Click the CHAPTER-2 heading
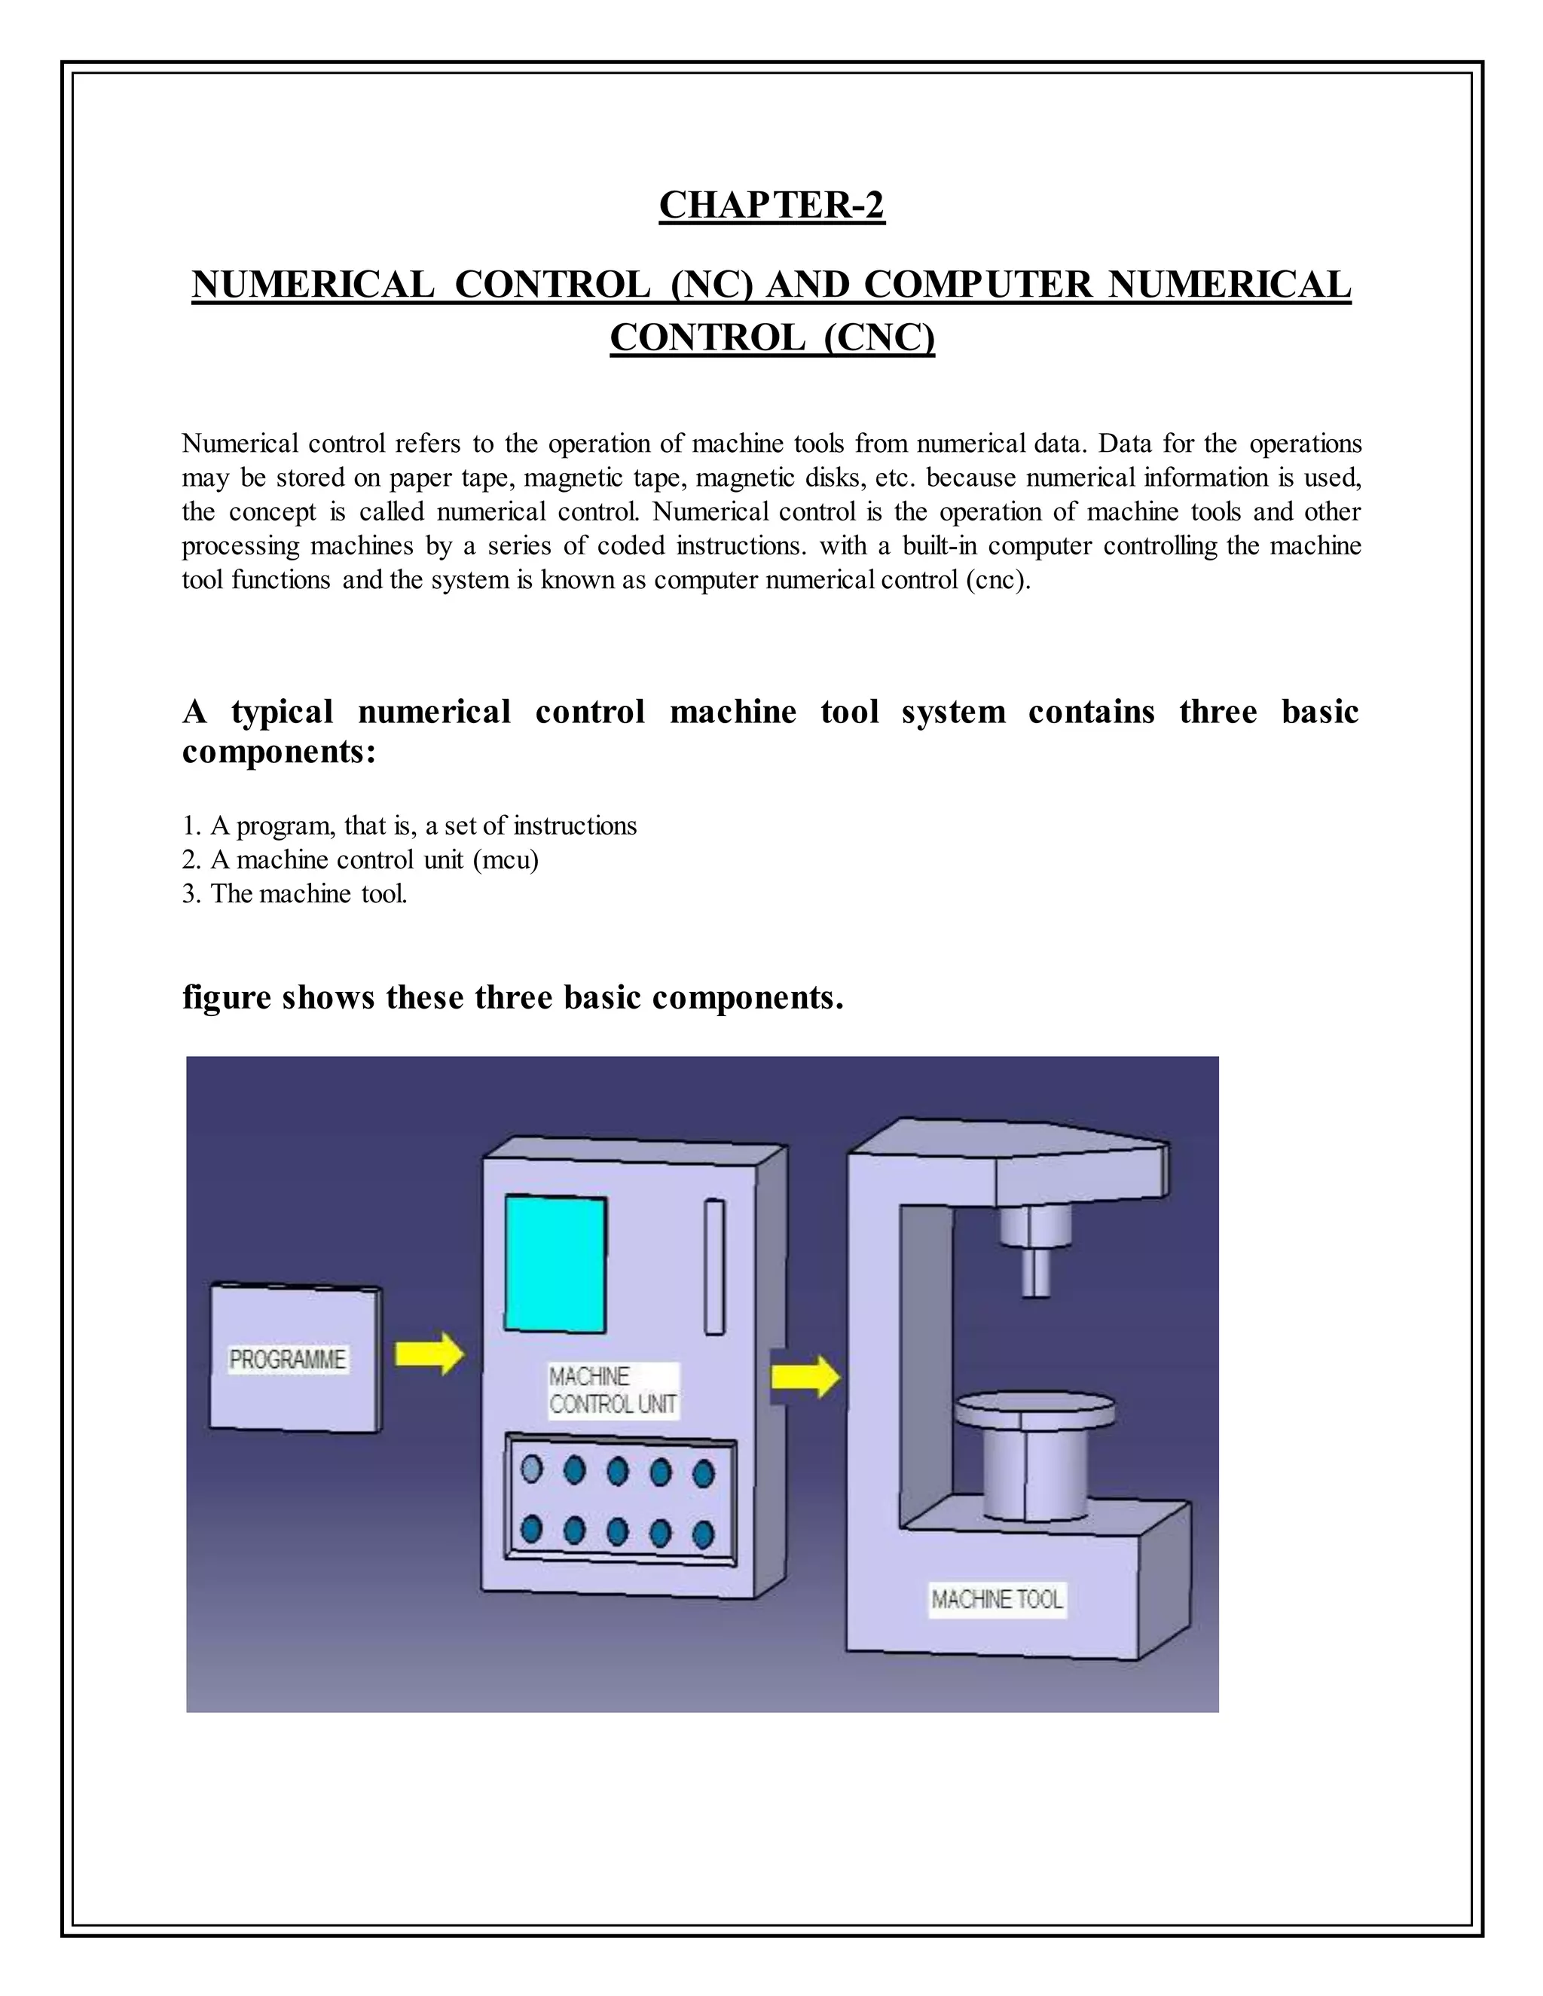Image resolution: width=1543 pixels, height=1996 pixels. click(x=771, y=206)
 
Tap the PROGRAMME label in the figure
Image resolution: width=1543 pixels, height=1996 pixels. click(x=288, y=1360)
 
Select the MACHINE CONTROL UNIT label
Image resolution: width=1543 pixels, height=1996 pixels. click(x=613, y=1390)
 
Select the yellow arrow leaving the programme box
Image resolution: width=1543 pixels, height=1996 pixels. click(x=429, y=1354)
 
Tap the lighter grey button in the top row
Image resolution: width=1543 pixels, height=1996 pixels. click(x=531, y=1470)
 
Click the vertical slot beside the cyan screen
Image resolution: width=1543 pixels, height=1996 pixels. click(x=714, y=1267)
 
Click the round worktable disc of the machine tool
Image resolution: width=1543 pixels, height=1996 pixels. click(x=1034, y=1408)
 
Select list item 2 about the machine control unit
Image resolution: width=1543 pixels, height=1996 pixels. click(x=360, y=860)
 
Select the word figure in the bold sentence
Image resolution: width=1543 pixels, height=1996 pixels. click(x=227, y=997)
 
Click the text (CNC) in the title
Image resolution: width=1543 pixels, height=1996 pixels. click(x=878, y=338)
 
